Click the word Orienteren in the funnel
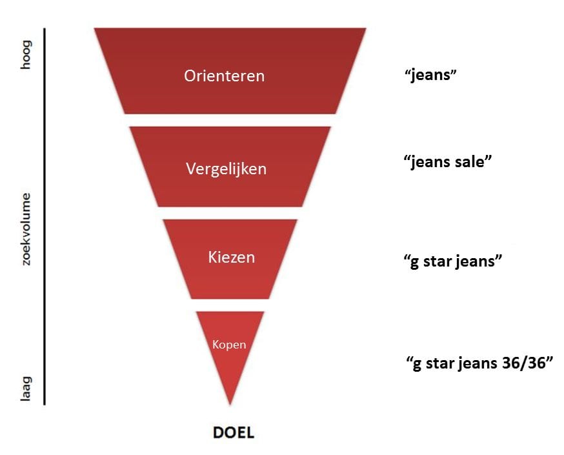coord(225,76)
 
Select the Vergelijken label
coord(227,169)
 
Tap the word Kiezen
coord(231,257)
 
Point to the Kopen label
coord(229,345)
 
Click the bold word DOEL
coord(234,432)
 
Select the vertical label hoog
coord(26,54)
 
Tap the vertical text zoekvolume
coord(26,229)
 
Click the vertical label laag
coord(26,389)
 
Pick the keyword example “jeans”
coord(430,75)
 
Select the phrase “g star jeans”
coord(452,261)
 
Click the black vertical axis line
coord(45,217)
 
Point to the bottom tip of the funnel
coord(230,405)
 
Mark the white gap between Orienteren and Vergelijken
coord(230,120)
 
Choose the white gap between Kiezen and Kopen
coord(230,305)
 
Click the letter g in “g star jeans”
coord(415,262)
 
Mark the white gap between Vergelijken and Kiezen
coord(230,213)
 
